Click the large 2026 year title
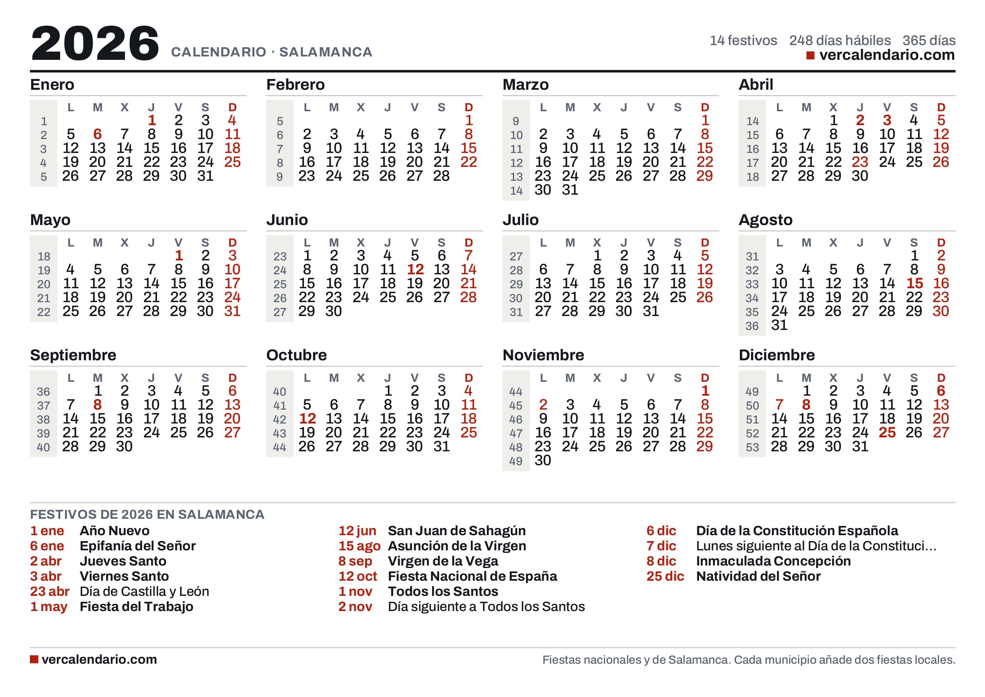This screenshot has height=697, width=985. (x=95, y=43)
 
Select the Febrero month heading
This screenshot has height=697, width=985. (x=295, y=85)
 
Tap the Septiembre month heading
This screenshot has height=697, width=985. (x=73, y=355)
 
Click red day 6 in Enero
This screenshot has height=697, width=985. (x=97, y=134)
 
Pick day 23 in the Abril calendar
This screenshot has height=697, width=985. (x=860, y=162)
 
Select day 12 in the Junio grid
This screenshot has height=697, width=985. (x=415, y=270)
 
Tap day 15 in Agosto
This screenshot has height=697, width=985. (x=914, y=283)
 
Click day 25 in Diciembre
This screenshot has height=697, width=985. (x=887, y=432)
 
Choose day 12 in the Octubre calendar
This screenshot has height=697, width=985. (x=307, y=418)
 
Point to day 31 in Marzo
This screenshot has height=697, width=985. (x=570, y=190)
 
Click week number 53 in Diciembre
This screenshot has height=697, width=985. (x=752, y=447)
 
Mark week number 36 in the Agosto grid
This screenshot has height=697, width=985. (x=752, y=326)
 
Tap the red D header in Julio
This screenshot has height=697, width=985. (x=705, y=242)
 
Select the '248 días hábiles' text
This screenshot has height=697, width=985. (x=840, y=40)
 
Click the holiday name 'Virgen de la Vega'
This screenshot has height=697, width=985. (x=443, y=561)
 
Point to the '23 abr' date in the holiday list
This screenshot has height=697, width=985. (x=49, y=591)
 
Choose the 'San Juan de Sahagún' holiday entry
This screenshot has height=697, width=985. (x=456, y=531)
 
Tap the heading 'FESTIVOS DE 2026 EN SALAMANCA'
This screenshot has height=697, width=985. (x=147, y=514)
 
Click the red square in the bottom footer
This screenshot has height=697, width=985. (x=34, y=659)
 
